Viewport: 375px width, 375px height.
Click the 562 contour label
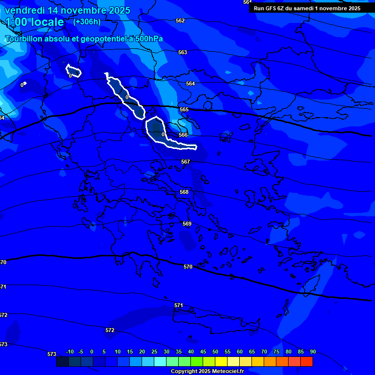click(180, 21)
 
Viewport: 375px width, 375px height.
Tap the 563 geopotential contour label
click(183, 52)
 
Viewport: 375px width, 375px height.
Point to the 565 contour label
click(184, 110)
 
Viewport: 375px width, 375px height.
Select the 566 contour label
click(183, 135)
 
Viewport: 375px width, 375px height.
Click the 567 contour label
click(186, 162)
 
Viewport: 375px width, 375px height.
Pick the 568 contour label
click(184, 192)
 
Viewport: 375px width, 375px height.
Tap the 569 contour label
click(187, 224)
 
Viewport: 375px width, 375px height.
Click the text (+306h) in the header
click(86, 22)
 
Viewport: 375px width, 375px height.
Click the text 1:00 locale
click(35, 22)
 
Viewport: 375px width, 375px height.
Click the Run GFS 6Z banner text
click(307, 8)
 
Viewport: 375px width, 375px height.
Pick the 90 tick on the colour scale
click(312, 352)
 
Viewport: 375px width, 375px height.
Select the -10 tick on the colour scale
click(69, 352)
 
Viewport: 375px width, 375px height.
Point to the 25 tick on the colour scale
click(154, 352)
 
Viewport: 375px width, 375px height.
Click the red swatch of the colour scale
click(306, 361)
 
